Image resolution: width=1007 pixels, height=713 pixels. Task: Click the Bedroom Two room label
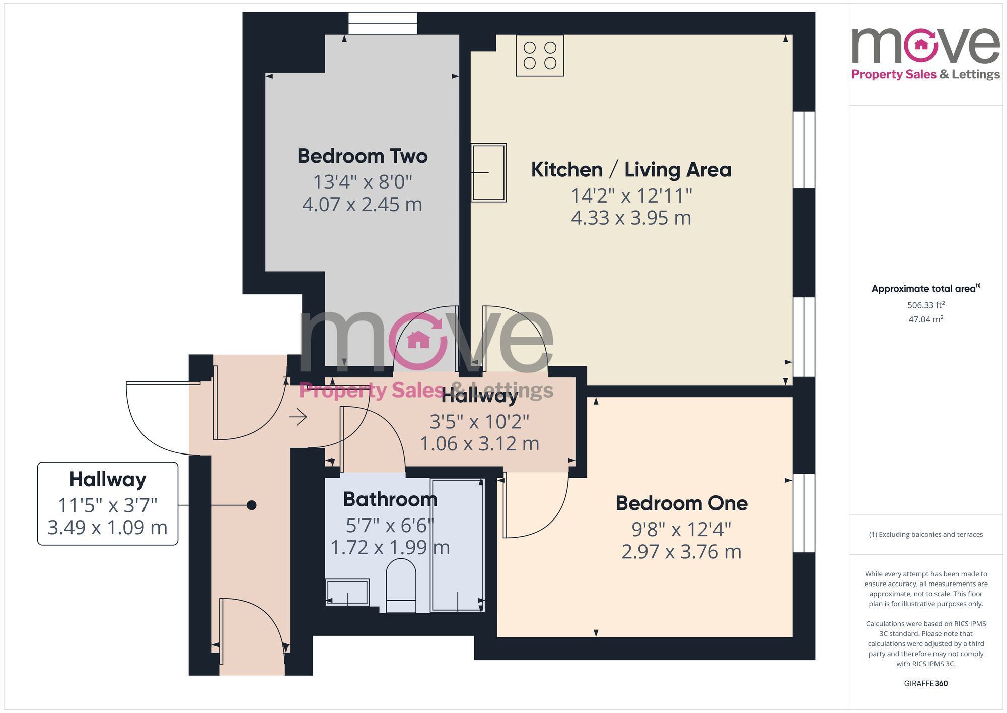pyautogui.click(x=363, y=156)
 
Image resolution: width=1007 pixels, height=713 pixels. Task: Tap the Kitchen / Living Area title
pyautogui.click(x=631, y=170)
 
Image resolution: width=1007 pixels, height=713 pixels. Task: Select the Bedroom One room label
pyautogui.click(x=681, y=503)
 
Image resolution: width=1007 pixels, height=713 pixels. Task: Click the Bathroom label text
pyautogui.click(x=390, y=499)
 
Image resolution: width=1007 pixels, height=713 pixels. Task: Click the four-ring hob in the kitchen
pyautogui.click(x=540, y=55)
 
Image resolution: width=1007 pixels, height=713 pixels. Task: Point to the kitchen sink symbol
pyautogui.click(x=488, y=172)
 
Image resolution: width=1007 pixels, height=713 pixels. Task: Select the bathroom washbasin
pyautogui.click(x=347, y=592)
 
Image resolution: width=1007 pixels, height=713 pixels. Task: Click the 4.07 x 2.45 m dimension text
pyautogui.click(x=362, y=205)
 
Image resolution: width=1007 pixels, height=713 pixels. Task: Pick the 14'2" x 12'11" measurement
pyautogui.click(x=631, y=196)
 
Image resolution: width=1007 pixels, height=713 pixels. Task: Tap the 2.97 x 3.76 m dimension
pyautogui.click(x=681, y=552)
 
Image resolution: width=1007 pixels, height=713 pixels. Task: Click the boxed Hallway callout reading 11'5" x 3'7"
pyautogui.click(x=108, y=503)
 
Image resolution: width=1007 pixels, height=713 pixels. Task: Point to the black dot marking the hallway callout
pyautogui.click(x=252, y=505)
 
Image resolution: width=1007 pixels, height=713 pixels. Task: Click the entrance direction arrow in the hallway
pyautogui.click(x=298, y=417)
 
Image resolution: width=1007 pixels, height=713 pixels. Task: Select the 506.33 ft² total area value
pyautogui.click(x=925, y=305)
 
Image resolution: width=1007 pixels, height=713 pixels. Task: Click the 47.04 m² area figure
pyautogui.click(x=925, y=319)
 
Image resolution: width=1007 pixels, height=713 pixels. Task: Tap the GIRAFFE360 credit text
pyautogui.click(x=925, y=684)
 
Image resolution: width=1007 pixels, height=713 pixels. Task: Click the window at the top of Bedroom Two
pyautogui.click(x=383, y=23)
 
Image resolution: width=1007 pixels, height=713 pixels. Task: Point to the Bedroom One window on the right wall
pyautogui.click(x=804, y=513)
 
